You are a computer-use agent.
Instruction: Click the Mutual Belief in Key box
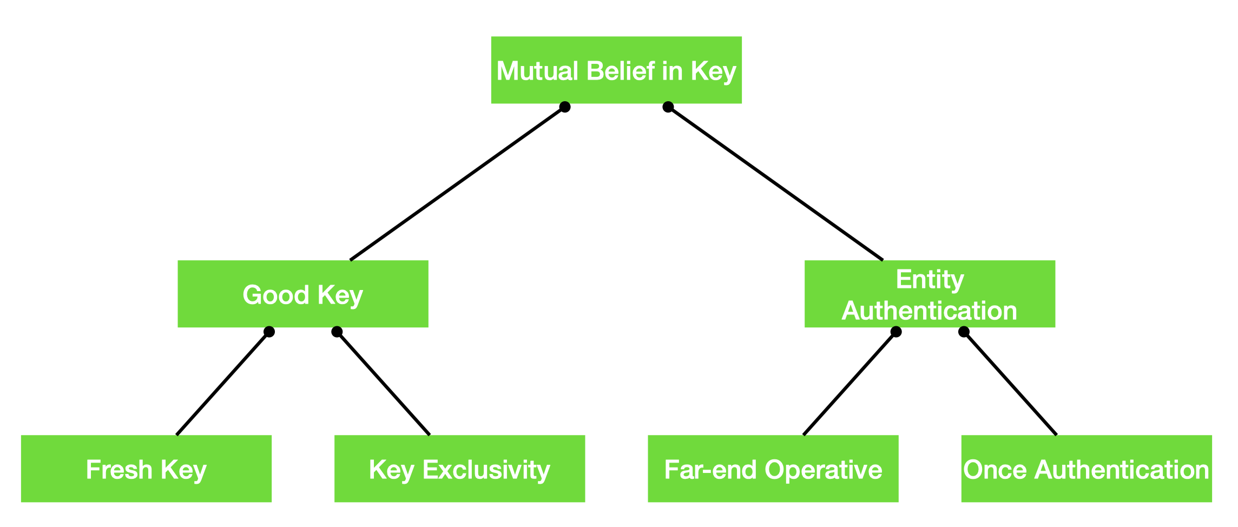(616, 70)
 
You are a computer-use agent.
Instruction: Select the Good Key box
(303, 294)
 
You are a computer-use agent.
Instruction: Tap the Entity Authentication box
(930, 294)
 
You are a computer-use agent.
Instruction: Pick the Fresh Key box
(146, 469)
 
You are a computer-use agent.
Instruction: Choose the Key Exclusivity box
(459, 469)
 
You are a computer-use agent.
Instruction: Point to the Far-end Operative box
(773, 469)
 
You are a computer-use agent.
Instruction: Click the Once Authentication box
(1086, 469)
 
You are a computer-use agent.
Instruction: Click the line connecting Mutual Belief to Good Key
(457, 183)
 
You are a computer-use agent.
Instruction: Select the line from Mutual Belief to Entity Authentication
(775, 183)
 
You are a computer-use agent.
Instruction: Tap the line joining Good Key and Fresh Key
(222, 383)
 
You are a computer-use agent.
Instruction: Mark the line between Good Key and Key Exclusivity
(383, 383)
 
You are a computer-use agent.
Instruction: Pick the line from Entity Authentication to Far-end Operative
(850, 383)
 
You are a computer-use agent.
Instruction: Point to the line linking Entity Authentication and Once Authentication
(1010, 383)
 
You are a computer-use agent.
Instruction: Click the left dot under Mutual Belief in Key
(565, 107)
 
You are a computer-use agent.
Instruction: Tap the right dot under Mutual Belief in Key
(668, 107)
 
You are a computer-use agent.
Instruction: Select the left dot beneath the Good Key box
(269, 332)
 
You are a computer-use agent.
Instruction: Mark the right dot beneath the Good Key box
(337, 332)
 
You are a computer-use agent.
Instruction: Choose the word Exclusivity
(486, 470)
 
